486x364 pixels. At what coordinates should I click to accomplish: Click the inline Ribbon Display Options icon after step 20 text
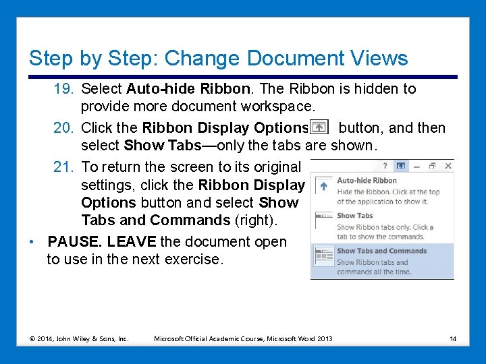click(x=319, y=128)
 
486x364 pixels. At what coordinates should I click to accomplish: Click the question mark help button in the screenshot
click(x=385, y=166)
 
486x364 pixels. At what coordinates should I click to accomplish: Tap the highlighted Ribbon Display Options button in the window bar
click(x=400, y=166)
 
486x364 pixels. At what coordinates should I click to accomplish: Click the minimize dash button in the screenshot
click(x=416, y=166)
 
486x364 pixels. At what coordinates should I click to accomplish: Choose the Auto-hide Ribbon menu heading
click(x=367, y=181)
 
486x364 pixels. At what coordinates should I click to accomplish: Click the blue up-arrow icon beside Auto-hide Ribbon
click(x=325, y=186)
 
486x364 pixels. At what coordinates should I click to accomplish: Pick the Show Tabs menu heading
click(x=354, y=216)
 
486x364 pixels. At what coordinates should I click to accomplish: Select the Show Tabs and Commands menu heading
click(x=381, y=251)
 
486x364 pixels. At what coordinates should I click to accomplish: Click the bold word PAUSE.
click(x=75, y=241)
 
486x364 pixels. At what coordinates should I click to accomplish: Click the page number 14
click(x=453, y=338)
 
